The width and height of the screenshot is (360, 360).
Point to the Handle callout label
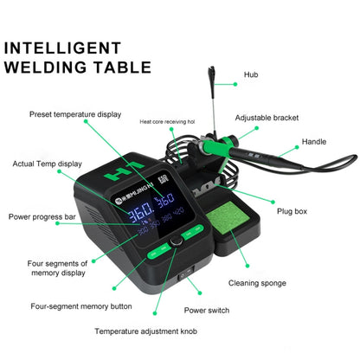313,141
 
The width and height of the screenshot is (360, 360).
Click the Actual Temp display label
47,163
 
